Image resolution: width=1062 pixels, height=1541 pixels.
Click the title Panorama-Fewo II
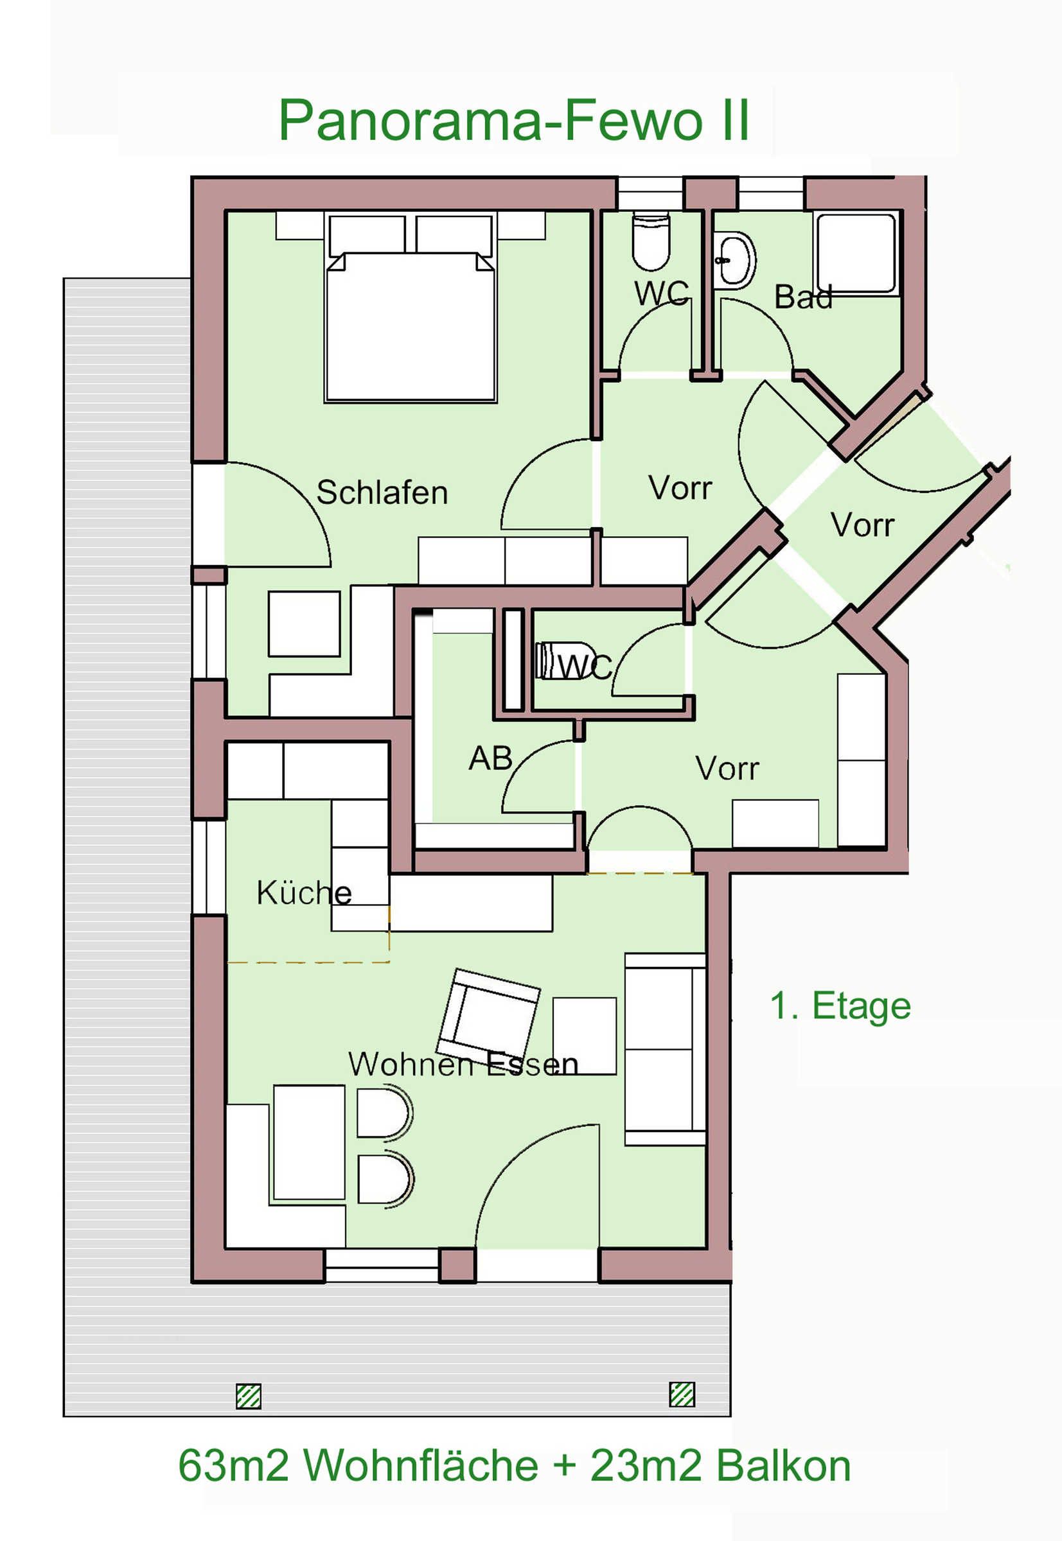click(x=514, y=119)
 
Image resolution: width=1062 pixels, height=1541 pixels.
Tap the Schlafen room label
click(x=382, y=493)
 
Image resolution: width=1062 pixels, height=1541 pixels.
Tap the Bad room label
click(x=803, y=297)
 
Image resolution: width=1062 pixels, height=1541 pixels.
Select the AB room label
click(x=490, y=758)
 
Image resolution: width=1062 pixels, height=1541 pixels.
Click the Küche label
click(x=304, y=892)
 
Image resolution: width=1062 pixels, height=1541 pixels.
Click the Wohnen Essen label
click(x=463, y=1065)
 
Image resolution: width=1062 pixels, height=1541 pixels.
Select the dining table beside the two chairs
click(x=309, y=1142)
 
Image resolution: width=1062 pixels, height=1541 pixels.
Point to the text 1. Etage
click(x=840, y=1006)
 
